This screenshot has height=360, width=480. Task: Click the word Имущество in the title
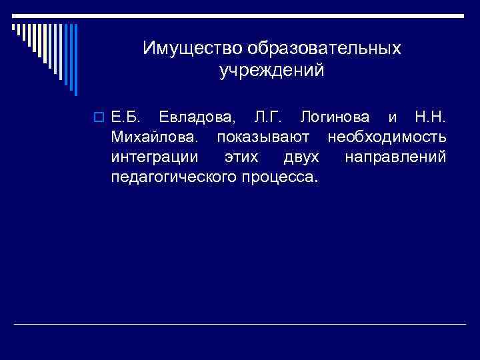point(191,49)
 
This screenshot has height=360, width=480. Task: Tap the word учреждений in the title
point(271,70)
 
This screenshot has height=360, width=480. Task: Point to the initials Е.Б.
point(125,118)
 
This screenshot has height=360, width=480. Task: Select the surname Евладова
point(197,118)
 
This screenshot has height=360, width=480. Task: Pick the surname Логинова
point(335,118)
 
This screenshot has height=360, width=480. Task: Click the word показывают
point(267,138)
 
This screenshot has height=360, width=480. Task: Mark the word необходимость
point(387,138)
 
